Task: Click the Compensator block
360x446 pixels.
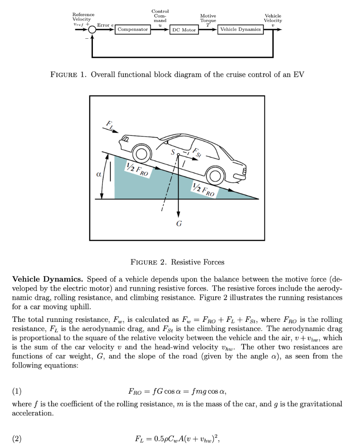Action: click(x=132, y=30)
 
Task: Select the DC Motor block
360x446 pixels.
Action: click(x=183, y=30)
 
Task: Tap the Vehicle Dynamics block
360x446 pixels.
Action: click(x=241, y=30)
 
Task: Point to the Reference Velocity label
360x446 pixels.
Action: click(x=82, y=17)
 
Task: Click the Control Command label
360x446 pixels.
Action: click(x=160, y=16)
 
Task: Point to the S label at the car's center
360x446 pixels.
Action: click(x=173, y=152)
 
